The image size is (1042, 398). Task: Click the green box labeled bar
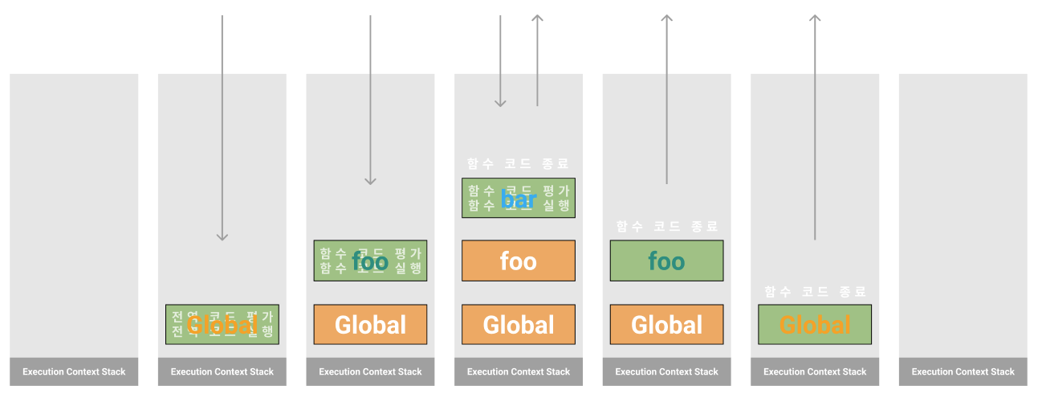tap(518, 198)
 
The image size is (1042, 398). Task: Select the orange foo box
tap(518, 261)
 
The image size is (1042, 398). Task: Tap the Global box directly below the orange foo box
tap(518, 324)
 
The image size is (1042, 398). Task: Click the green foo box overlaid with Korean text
tap(370, 261)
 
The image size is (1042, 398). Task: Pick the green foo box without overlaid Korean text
tap(666, 261)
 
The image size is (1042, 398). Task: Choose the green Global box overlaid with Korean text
tap(222, 324)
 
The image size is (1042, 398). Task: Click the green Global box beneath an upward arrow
tap(815, 324)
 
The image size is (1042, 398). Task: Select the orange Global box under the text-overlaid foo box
tap(370, 324)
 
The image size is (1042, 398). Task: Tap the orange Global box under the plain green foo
tap(666, 324)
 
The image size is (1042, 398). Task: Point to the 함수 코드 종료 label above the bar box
tap(518, 164)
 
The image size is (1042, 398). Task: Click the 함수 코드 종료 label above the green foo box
tap(666, 227)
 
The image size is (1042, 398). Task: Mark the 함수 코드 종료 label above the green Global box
tap(815, 291)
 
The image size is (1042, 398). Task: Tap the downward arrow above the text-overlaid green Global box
tap(222, 129)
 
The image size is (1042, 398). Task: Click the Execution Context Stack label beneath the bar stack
tap(518, 371)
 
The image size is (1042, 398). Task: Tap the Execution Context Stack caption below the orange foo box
tap(518, 371)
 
